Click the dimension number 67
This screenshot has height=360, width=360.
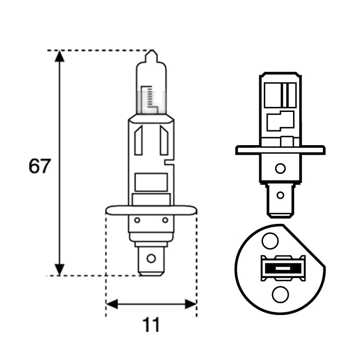pyautogui.click(x=39, y=166)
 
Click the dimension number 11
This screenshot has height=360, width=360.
pyautogui.click(x=151, y=325)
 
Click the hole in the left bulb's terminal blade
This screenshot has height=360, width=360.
pyautogui.click(x=151, y=259)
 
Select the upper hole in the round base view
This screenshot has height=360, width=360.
pyautogui.click(x=271, y=241)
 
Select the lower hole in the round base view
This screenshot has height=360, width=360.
pyautogui.click(x=280, y=294)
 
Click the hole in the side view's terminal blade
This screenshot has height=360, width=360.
pyautogui.click(x=280, y=196)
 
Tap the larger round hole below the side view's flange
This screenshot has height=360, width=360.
pyautogui.click(x=280, y=168)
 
